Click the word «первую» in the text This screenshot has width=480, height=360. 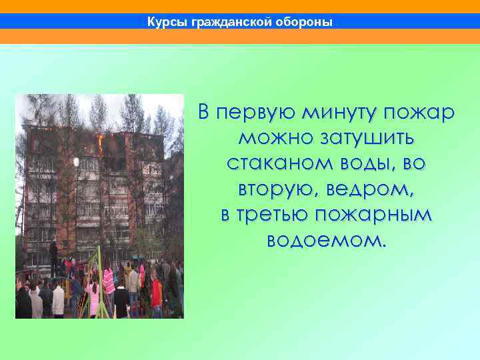tap(257, 113)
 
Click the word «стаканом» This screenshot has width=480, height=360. tap(275, 164)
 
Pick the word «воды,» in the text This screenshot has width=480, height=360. tap(366, 164)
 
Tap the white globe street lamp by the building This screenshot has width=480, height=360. tap(76, 162)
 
